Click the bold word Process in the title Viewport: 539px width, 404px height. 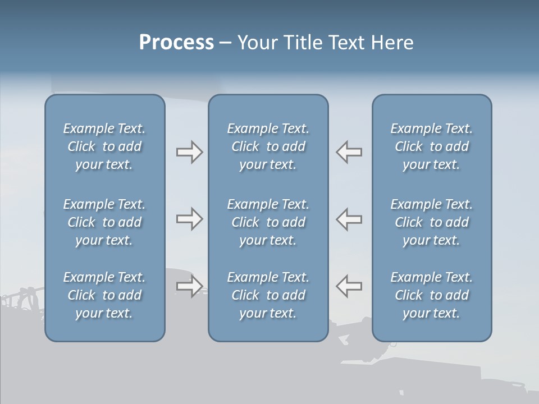(x=176, y=43)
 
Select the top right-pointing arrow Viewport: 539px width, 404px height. (x=189, y=152)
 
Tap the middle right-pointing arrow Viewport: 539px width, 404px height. (x=189, y=219)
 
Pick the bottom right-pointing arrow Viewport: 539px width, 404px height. (x=189, y=286)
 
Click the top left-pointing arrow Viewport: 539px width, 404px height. (x=349, y=152)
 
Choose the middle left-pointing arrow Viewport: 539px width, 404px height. (x=349, y=219)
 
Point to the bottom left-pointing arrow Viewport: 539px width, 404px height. (x=349, y=286)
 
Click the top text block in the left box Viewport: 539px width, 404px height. (x=104, y=146)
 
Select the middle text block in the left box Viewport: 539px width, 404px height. (x=104, y=222)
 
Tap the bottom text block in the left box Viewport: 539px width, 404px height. (x=104, y=295)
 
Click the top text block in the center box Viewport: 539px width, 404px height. (x=268, y=146)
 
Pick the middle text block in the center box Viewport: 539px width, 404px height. (x=268, y=222)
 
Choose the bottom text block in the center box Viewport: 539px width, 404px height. (x=268, y=295)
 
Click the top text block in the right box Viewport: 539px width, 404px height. (x=432, y=146)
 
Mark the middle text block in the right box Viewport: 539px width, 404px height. (x=432, y=222)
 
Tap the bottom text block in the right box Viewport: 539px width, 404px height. (x=432, y=295)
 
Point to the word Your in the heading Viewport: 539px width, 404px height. (x=256, y=43)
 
